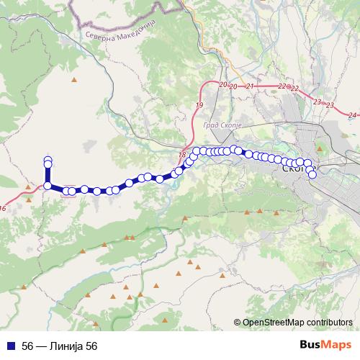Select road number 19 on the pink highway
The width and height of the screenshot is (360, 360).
[x=199, y=105]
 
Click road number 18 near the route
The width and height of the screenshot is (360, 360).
[x=181, y=155]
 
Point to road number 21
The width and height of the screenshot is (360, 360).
[x=250, y=86]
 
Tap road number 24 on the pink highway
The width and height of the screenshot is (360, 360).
[x=351, y=114]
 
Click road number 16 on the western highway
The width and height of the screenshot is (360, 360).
[x=3, y=208]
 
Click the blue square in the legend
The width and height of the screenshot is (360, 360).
[x=12, y=346]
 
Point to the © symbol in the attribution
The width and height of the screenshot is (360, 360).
[x=238, y=323]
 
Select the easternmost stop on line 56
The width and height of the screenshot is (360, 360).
[x=312, y=174]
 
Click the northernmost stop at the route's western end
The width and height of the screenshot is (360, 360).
[x=48, y=160]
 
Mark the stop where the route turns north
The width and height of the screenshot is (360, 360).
[x=48, y=186]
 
